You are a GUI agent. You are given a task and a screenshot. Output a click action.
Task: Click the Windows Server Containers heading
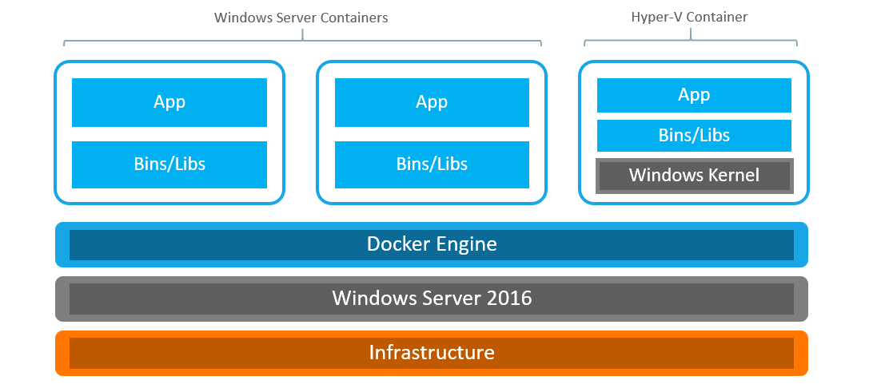[x=301, y=18]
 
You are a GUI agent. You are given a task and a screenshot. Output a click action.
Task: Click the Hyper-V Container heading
[x=689, y=17]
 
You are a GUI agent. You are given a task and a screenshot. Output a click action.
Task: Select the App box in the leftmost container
[x=169, y=102]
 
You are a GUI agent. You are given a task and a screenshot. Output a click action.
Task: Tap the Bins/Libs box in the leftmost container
[x=169, y=164]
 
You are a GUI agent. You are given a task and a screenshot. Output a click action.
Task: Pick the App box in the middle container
[x=432, y=102]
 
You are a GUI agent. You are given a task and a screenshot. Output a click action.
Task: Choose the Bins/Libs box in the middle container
[x=432, y=164]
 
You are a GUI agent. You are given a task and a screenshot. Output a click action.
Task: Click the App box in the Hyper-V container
[x=694, y=95]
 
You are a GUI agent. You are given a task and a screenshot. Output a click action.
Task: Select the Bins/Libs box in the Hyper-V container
[x=694, y=136]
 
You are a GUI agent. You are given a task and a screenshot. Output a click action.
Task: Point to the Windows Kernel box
[x=694, y=176]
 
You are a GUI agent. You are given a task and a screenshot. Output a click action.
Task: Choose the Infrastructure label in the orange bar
[x=432, y=352]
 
